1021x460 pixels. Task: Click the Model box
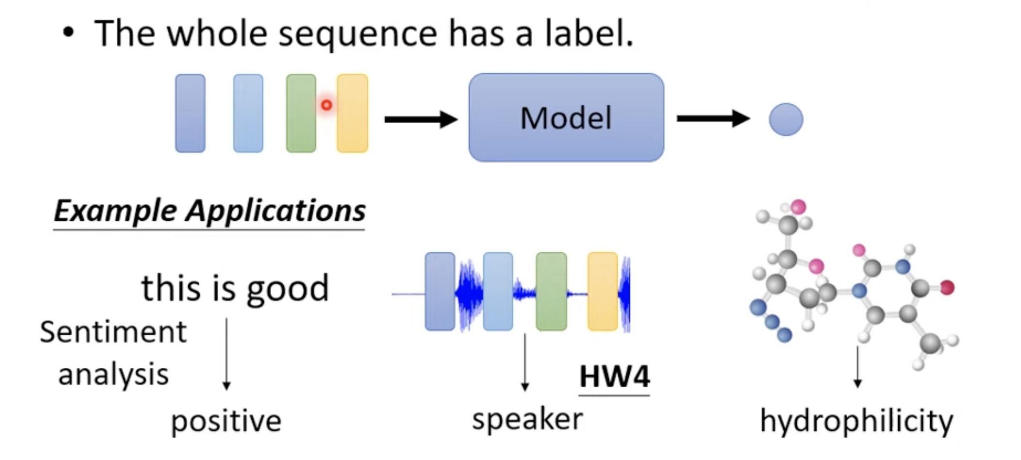point(566,117)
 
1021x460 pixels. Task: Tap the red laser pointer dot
point(327,105)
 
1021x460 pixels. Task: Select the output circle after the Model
point(786,119)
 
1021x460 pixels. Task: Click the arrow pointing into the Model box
point(421,119)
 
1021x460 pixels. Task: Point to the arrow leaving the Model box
point(713,118)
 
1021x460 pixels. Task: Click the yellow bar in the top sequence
point(353,113)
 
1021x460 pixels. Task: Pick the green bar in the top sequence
point(301,113)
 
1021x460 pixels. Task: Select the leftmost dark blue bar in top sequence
point(190,113)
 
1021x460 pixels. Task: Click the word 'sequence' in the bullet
point(358,34)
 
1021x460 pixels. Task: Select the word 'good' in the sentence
point(288,290)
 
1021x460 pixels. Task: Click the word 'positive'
point(226,421)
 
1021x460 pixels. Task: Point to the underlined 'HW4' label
point(614,377)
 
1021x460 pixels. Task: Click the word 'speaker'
point(527,419)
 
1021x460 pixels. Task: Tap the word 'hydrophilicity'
point(856,421)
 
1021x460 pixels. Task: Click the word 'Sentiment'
point(113,332)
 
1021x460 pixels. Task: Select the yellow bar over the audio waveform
point(603,292)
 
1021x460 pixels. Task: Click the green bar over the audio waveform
point(551,292)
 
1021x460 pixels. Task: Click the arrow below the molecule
point(857,367)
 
